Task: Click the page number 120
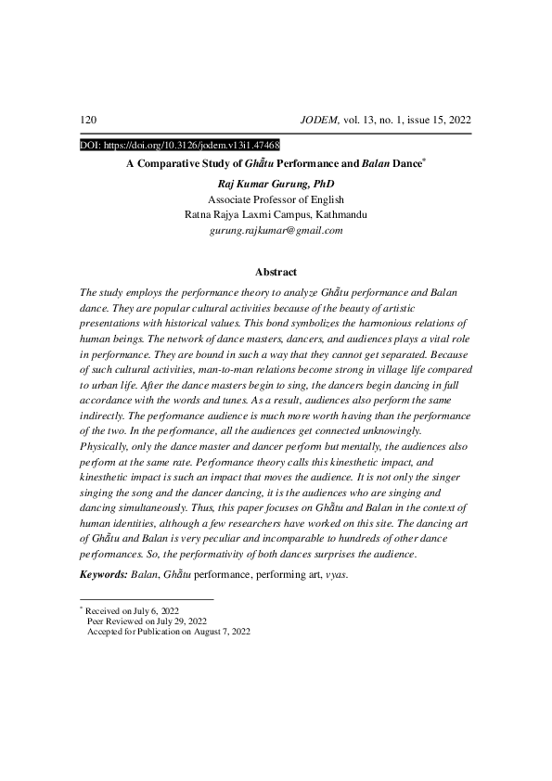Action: pyautogui.click(x=89, y=121)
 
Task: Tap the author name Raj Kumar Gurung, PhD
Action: pyautogui.click(x=276, y=184)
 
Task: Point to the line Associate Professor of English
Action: pyautogui.click(x=276, y=198)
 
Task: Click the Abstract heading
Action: pyautogui.click(x=276, y=272)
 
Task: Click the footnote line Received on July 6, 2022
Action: pyautogui.click(x=132, y=612)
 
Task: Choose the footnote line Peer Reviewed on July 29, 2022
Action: pyautogui.click(x=147, y=621)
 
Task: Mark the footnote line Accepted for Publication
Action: pyautogui.click(x=168, y=632)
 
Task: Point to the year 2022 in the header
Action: pyautogui.click(x=456, y=121)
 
